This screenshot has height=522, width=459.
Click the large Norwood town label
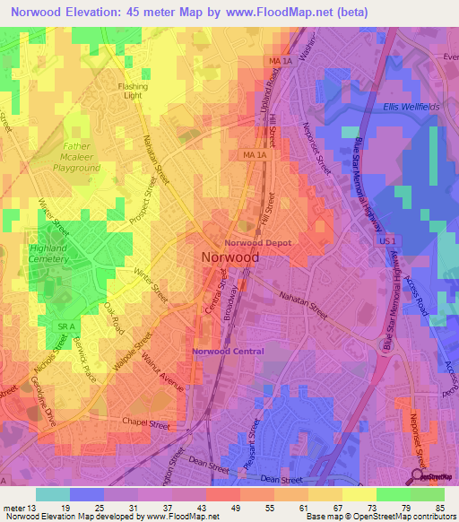click(x=227, y=257)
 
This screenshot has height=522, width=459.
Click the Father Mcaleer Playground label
click(x=76, y=156)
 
